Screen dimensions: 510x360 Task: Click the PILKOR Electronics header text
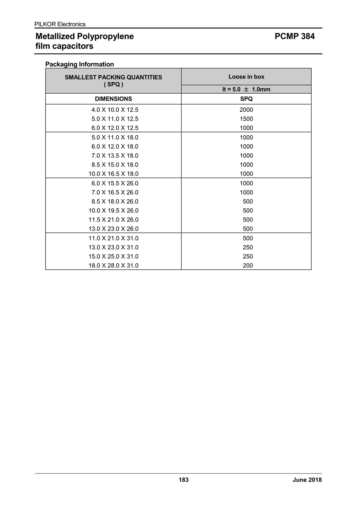[60, 24]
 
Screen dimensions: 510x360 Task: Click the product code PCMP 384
[294, 36]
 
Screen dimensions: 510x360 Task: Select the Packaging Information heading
[79, 64]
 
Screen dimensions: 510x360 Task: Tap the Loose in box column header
[246, 76]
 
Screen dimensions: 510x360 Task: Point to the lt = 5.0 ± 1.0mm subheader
[246, 89]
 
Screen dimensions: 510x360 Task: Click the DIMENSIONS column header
[113, 98]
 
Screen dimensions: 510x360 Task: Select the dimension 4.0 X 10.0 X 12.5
[115, 110]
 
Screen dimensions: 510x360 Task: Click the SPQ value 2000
[246, 110]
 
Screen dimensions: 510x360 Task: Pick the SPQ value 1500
[246, 119]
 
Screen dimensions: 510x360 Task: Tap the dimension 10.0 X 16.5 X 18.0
[113, 174]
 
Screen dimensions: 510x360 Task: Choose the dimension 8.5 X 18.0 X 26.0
[115, 201]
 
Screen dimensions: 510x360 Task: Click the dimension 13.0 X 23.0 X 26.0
[113, 229]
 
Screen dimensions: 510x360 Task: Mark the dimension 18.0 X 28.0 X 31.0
[113, 265]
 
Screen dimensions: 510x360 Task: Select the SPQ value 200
[248, 265]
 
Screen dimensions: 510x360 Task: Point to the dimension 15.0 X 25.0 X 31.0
[113, 256]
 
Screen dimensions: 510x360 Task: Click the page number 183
[184, 480]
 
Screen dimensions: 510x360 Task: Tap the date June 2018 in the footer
[307, 480]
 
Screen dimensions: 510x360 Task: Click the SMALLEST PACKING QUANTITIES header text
[113, 77]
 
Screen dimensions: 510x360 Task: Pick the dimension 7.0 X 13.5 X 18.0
[115, 155]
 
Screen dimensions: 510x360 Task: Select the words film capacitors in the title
[64, 46]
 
